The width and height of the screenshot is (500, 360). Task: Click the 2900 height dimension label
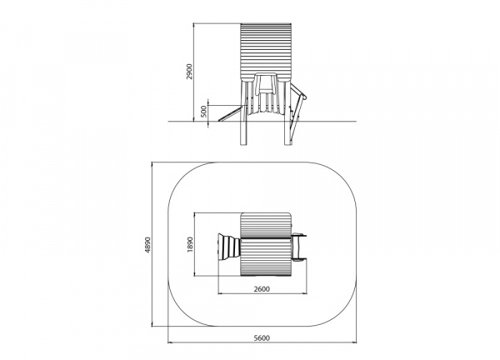190,72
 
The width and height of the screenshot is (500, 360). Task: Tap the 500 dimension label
204,112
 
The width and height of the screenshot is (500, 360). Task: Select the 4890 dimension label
147,245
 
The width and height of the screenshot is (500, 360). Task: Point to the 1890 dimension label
190,244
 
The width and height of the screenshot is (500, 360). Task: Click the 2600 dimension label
262,289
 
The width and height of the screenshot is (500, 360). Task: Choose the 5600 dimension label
262,338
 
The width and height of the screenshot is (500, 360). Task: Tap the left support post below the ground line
243,133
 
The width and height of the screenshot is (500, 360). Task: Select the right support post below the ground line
287,133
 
